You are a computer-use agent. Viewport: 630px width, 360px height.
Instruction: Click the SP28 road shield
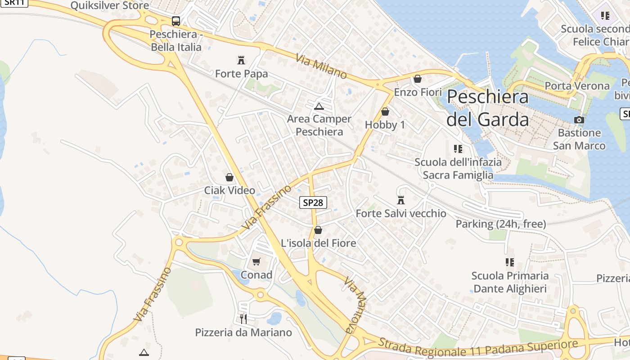pyautogui.click(x=313, y=202)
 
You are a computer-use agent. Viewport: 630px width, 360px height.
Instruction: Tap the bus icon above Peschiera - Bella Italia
pyautogui.click(x=175, y=21)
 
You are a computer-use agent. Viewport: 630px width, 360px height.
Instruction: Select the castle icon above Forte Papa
pyautogui.click(x=241, y=60)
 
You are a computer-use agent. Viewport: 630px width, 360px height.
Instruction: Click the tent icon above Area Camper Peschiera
pyautogui.click(x=319, y=106)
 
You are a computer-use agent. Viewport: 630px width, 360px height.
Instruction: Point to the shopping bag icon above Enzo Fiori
pyautogui.click(x=418, y=79)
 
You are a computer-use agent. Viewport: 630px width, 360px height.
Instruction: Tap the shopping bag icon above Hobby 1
pyautogui.click(x=385, y=112)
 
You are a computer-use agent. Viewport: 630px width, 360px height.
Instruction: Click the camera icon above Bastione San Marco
pyautogui.click(x=579, y=120)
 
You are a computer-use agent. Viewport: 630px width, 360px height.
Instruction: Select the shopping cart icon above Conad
pyautogui.click(x=256, y=261)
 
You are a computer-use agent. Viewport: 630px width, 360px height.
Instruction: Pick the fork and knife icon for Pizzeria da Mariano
pyautogui.click(x=243, y=319)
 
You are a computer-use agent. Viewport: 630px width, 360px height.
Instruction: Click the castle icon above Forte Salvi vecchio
pyautogui.click(x=401, y=200)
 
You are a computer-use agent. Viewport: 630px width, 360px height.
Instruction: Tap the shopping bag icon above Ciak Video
pyautogui.click(x=229, y=177)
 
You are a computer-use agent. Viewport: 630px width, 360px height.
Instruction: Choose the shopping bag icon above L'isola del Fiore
pyautogui.click(x=318, y=230)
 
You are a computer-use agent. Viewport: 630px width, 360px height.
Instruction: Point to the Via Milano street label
pyautogui.click(x=321, y=67)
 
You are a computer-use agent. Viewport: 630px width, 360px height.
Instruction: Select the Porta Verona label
pyautogui.click(x=577, y=85)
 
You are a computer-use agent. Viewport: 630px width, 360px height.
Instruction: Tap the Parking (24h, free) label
pyautogui.click(x=501, y=224)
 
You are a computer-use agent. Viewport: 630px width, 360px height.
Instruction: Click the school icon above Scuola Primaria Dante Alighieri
pyautogui.click(x=510, y=262)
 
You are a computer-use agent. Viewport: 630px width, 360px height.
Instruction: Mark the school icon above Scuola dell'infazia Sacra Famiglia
pyautogui.click(x=458, y=148)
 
